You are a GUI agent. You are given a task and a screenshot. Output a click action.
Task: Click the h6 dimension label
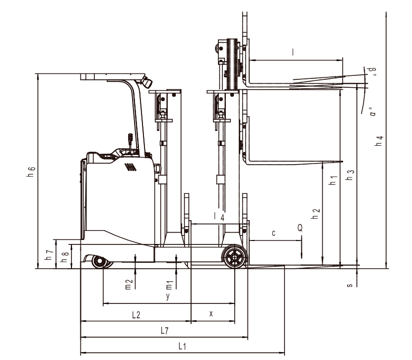pos(31,172)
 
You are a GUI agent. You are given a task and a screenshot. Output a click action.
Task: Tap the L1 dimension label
pos(182,346)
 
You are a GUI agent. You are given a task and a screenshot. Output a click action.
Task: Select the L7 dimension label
pos(164,331)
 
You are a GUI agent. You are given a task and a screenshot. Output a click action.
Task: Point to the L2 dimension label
pos(136,314)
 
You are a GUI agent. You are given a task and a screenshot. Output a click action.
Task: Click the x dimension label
pos(211,313)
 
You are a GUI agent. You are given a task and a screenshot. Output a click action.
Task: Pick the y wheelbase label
pos(168,296)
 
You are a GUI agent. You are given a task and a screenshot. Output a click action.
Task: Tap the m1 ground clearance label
pos(169,285)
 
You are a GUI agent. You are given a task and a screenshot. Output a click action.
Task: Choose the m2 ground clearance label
pos(128,285)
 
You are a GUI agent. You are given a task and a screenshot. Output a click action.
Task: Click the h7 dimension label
pos(49,255)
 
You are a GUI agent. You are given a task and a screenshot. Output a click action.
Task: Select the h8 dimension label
pos(65,257)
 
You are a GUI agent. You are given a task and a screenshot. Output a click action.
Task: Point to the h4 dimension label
pos(379,141)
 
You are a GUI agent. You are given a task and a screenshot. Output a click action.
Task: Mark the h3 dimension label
pos(350,175)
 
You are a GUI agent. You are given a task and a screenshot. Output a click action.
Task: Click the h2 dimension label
pos(315,214)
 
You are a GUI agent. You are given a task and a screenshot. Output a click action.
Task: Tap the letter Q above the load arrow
pos(300,228)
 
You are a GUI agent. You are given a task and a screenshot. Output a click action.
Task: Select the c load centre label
pos(274,233)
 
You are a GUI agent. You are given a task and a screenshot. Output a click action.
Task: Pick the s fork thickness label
pos(350,285)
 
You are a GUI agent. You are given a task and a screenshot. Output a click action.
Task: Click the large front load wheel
pos(234,257)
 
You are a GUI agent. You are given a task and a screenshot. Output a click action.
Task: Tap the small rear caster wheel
pos(99,262)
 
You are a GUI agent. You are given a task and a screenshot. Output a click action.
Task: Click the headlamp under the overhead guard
pos(147,82)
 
